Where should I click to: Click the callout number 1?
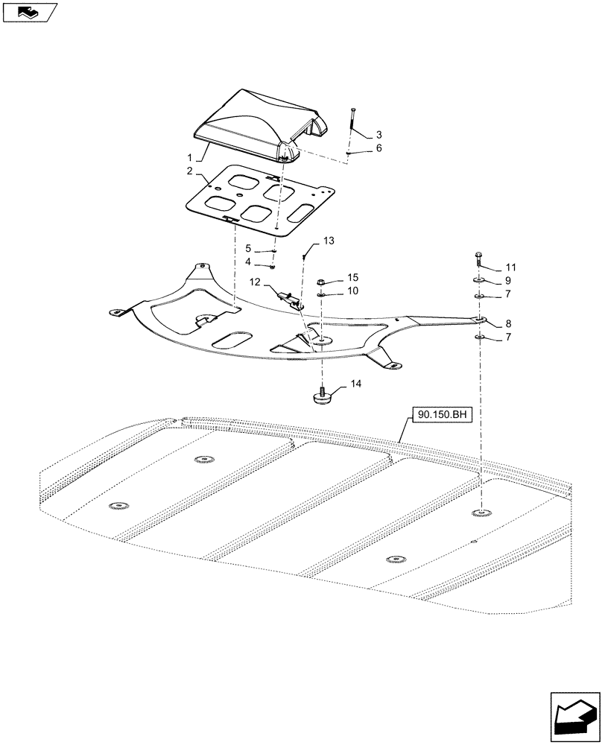point(190,158)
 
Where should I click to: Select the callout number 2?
point(190,171)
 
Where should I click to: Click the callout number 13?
point(329,241)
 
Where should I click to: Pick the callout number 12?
point(256,282)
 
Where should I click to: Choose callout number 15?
point(352,277)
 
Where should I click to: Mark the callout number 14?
point(355,384)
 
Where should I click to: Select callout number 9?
point(507,281)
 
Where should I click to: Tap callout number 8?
point(507,324)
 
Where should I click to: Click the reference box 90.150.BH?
point(437,415)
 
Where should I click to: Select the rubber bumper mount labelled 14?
point(322,397)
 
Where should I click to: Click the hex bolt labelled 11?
point(478,261)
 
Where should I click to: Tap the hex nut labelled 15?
point(321,282)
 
